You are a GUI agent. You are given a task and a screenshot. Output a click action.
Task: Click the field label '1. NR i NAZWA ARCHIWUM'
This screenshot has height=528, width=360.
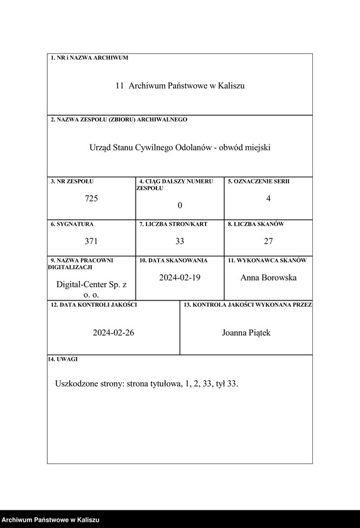click(89, 58)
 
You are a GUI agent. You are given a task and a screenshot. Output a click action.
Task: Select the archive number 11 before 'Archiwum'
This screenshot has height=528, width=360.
click(119, 85)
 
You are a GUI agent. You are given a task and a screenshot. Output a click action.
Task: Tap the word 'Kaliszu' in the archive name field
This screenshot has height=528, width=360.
click(231, 85)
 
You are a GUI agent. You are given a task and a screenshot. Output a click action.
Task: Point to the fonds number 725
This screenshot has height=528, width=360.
click(92, 199)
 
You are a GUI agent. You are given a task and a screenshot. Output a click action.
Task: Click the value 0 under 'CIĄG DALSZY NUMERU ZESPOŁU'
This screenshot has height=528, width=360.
click(180, 206)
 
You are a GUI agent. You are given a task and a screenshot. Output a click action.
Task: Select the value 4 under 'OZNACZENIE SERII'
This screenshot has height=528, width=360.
click(268, 199)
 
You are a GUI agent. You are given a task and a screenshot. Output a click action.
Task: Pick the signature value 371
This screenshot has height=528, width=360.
click(92, 241)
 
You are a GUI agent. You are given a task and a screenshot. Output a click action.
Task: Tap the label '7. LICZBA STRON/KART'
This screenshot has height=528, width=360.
click(173, 224)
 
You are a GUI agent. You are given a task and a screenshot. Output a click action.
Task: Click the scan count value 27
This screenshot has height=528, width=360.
click(268, 241)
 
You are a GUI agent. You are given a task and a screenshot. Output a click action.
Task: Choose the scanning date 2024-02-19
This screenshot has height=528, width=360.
click(180, 277)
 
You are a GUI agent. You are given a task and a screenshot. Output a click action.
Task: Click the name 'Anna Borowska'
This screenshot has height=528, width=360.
click(268, 277)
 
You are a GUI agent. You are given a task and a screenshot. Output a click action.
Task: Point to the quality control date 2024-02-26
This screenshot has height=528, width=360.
click(113, 333)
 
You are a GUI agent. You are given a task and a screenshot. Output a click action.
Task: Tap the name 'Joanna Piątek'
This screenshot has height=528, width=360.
click(246, 333)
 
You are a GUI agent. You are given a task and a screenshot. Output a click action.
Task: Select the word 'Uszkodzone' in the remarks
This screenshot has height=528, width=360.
click(77, 383)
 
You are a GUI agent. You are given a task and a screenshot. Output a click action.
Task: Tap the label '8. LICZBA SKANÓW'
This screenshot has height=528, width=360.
click(256, 224)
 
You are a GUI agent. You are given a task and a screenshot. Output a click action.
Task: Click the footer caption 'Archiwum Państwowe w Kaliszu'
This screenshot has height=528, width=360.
click(50, 520)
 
